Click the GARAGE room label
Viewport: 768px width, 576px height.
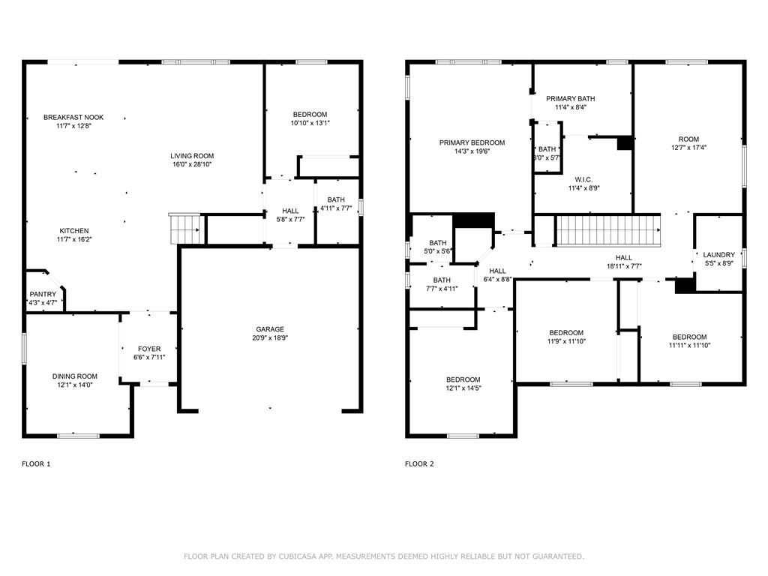point(270,329)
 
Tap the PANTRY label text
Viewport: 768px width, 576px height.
point(43,294)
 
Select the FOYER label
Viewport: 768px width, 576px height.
point(149,349)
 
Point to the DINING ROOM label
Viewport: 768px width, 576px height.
point(75,376)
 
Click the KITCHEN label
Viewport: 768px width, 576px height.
point(74,231)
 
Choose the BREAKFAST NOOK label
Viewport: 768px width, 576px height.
point(74,118)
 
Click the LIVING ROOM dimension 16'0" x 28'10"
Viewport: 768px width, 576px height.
point(192,164)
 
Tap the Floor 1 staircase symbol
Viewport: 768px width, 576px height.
point(184,229)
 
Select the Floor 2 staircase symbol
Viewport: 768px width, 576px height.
point(607,231)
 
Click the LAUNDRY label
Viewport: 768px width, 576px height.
point(719,255)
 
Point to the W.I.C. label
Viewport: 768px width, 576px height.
point(583,180)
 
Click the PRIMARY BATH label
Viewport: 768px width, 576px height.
point(571,98)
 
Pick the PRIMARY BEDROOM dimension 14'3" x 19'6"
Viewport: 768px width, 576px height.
point(472,151)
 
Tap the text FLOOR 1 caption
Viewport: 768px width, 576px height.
point(36,463)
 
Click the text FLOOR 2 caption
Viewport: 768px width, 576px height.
point(419,463)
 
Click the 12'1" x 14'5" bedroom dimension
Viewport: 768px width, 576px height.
point(463,388)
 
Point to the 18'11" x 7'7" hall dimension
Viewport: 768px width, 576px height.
point(624,266)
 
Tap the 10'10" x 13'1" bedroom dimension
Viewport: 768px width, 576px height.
point(310,123)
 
